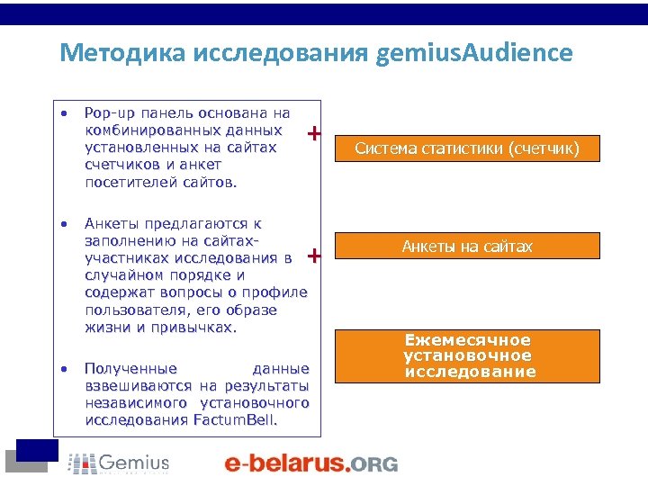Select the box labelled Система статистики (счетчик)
pyautogui.click(x=466, y=148)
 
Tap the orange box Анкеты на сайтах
pyautogui.click(x=466, y=246)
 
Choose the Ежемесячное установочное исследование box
pyautogui.click(x=468, y=355)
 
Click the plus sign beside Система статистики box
pyautogui.click(x=314, y=134)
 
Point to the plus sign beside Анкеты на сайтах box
pyautogui.click(x=314, y=256)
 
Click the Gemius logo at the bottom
pyautogui.click(x=119, y=463)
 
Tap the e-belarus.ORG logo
pyautogui.click(x=310, y=463)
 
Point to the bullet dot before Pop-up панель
pyautogui.click(x=64, y=113)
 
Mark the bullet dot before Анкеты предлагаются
pyautogui.click(x=64, y=223)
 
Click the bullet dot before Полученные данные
pyautogui.click(x=64, y=368)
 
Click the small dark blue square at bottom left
pyautogui.click(x=38, y=449)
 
